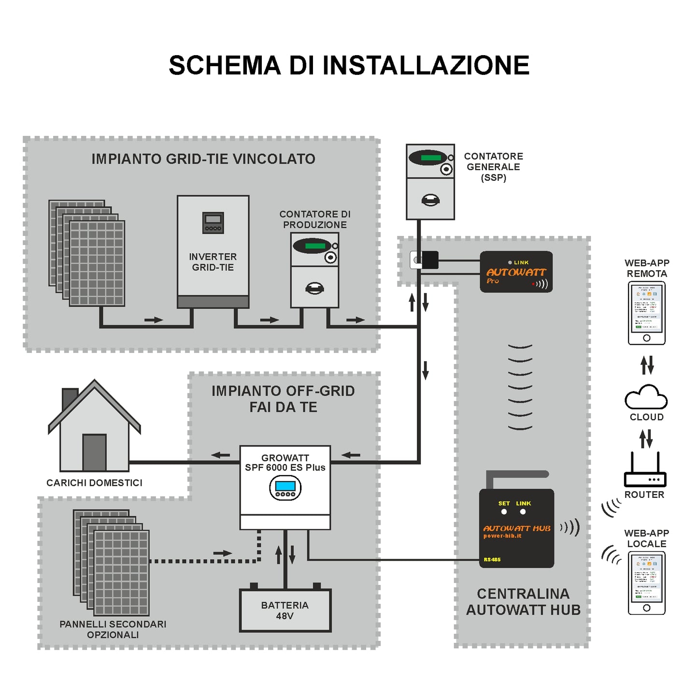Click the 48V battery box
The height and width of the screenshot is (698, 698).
click(285, 610)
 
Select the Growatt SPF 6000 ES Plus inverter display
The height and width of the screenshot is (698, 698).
click(285, 487)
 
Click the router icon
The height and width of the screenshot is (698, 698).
click(645, 476)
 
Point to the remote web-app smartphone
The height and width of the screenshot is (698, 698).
click(646, 313)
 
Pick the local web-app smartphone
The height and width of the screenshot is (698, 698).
click(646, 583)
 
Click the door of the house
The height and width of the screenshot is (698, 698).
click(94, 452)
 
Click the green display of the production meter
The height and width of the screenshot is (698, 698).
click(315, 246)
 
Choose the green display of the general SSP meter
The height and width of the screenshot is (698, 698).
click(430, 158)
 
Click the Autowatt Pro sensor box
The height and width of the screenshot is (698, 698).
click(516, 272)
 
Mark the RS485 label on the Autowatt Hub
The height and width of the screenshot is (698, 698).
click(492, 559)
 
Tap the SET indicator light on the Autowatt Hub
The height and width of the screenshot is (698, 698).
click(504, 511)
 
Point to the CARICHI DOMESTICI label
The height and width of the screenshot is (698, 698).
click(94, 483)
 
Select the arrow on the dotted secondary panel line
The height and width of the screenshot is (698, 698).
click(222, 553)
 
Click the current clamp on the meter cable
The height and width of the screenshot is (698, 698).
click(425, 260)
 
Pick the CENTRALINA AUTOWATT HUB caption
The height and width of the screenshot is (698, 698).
click(523, 602)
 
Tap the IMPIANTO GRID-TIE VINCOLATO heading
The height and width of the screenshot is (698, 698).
click(203, 159)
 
